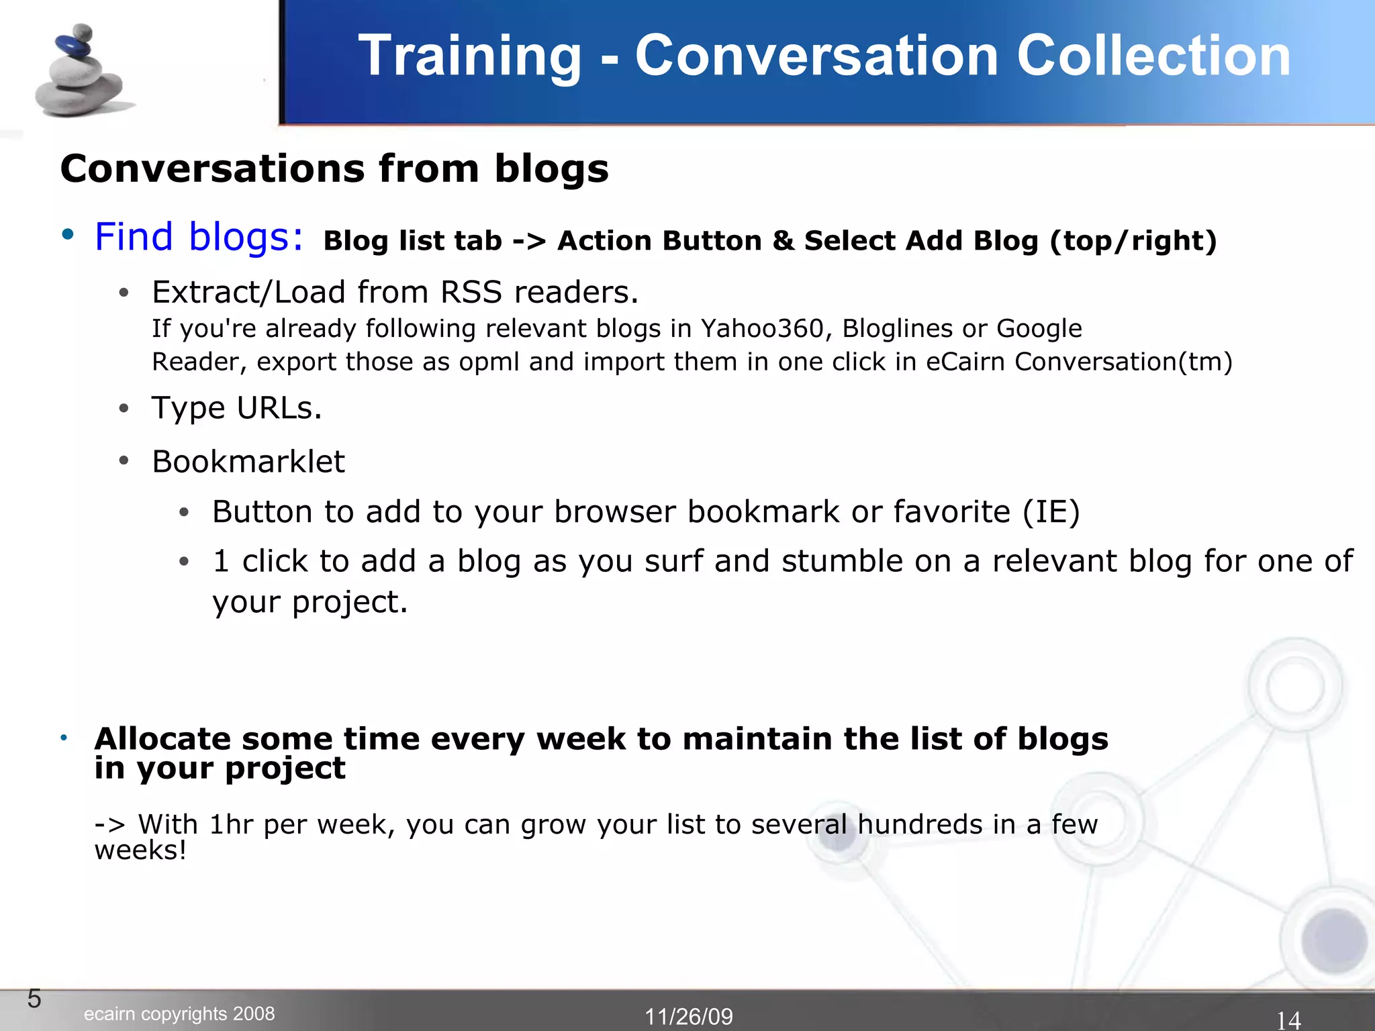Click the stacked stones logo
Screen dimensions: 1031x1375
point(81,72)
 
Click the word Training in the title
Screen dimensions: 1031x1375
point(469,56)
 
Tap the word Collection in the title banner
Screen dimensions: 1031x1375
point(1153,56)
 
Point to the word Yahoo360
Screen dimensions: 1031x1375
point(762,328)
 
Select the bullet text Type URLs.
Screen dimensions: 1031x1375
point(237,407)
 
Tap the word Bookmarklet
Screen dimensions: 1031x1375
point(248,462)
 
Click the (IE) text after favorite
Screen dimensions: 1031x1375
point(1051,512)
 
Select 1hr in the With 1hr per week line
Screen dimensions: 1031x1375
point(230,824)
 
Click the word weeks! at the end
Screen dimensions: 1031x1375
point(140,851)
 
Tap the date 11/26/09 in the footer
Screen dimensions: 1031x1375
point(689,1016)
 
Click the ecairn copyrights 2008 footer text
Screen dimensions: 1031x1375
point(179,1014)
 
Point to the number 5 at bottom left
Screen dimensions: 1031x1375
point(34,999)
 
